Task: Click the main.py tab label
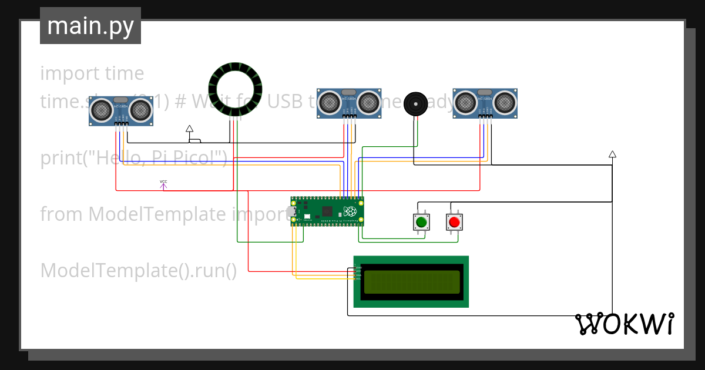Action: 90,26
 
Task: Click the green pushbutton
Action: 421,222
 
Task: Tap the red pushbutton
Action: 454,222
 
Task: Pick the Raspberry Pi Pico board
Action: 327,211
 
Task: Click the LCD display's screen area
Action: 411,281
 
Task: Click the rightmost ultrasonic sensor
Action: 485,103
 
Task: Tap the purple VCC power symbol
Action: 163,185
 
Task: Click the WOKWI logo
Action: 624,324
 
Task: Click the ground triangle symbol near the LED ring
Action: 189,128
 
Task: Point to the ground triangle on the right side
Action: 612,154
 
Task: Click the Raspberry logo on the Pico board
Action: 350,211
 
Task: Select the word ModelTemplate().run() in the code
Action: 139,271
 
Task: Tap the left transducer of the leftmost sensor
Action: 102,109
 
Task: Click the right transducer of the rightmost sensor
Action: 505,102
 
